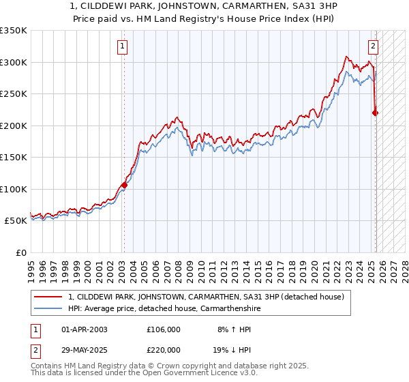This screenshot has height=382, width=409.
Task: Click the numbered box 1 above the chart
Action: [x=122, y=46]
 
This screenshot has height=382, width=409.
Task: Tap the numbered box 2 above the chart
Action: [x=374, y=46]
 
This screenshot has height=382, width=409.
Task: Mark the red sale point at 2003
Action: [x=124, y=185]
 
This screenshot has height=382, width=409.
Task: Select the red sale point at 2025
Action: [x=375, y=113]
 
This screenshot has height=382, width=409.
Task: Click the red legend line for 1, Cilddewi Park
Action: [x=48, y=297]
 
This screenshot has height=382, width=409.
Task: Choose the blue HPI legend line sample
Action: [x=48, y=308]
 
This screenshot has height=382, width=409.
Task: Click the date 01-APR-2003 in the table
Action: [x=85, y=329]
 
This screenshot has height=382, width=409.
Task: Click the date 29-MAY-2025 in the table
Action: [x=85, y=349]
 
